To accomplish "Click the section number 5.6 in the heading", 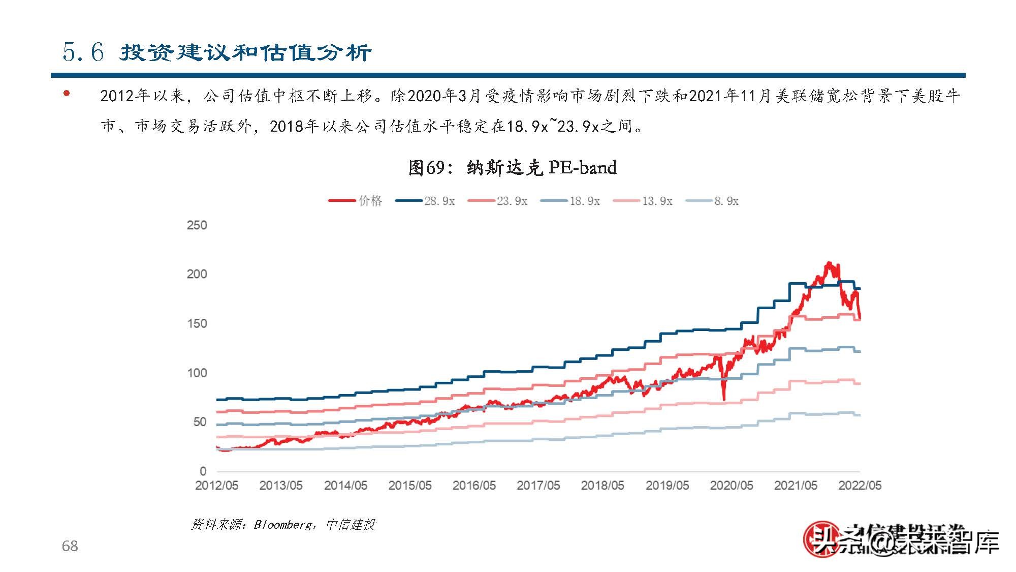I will (x=83, y=52).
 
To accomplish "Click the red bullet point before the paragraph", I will (x=67, y=94).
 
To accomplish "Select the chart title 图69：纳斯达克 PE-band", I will (x=512, y=167).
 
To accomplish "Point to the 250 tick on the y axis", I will (x=197, y=225).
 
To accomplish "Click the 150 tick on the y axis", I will (x=197, y=324).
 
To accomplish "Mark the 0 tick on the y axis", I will (x=203, y=471).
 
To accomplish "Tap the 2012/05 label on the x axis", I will (x=216, y=486).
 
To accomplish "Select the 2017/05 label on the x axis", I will (x=538, y=486).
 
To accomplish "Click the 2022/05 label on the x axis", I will (x=860, y=486).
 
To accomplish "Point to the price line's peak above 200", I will (x=829, y=263).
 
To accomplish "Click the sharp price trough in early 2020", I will (x=724, y=399).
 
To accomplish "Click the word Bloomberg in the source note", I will (x=284, y=525).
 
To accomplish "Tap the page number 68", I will (x=70, y=546).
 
